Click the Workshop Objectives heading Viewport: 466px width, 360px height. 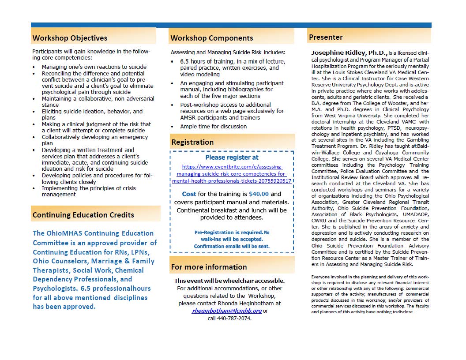(x=70, y=38)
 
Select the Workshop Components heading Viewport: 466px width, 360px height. (x=212, y=38)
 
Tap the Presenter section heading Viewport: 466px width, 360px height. (x=326, y=37)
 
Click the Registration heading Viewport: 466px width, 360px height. (x=192, y=142)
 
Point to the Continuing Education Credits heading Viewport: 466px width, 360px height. (x=83, y=215)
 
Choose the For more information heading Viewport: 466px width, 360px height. (x=209, y=267)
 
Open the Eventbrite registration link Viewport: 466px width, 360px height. (x=232, y=174)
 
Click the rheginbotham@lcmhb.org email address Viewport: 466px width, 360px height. (x=227, y=311)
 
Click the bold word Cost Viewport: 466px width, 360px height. (x=189, y=194)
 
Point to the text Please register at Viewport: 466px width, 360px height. (x=232, y=157)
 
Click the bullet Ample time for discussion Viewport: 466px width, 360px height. (x=213, y=127)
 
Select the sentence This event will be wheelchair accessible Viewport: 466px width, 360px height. (x=229, y=281)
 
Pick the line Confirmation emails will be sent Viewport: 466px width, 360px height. (x=232, y=246)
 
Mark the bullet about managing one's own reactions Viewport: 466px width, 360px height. (x=94, y=67)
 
